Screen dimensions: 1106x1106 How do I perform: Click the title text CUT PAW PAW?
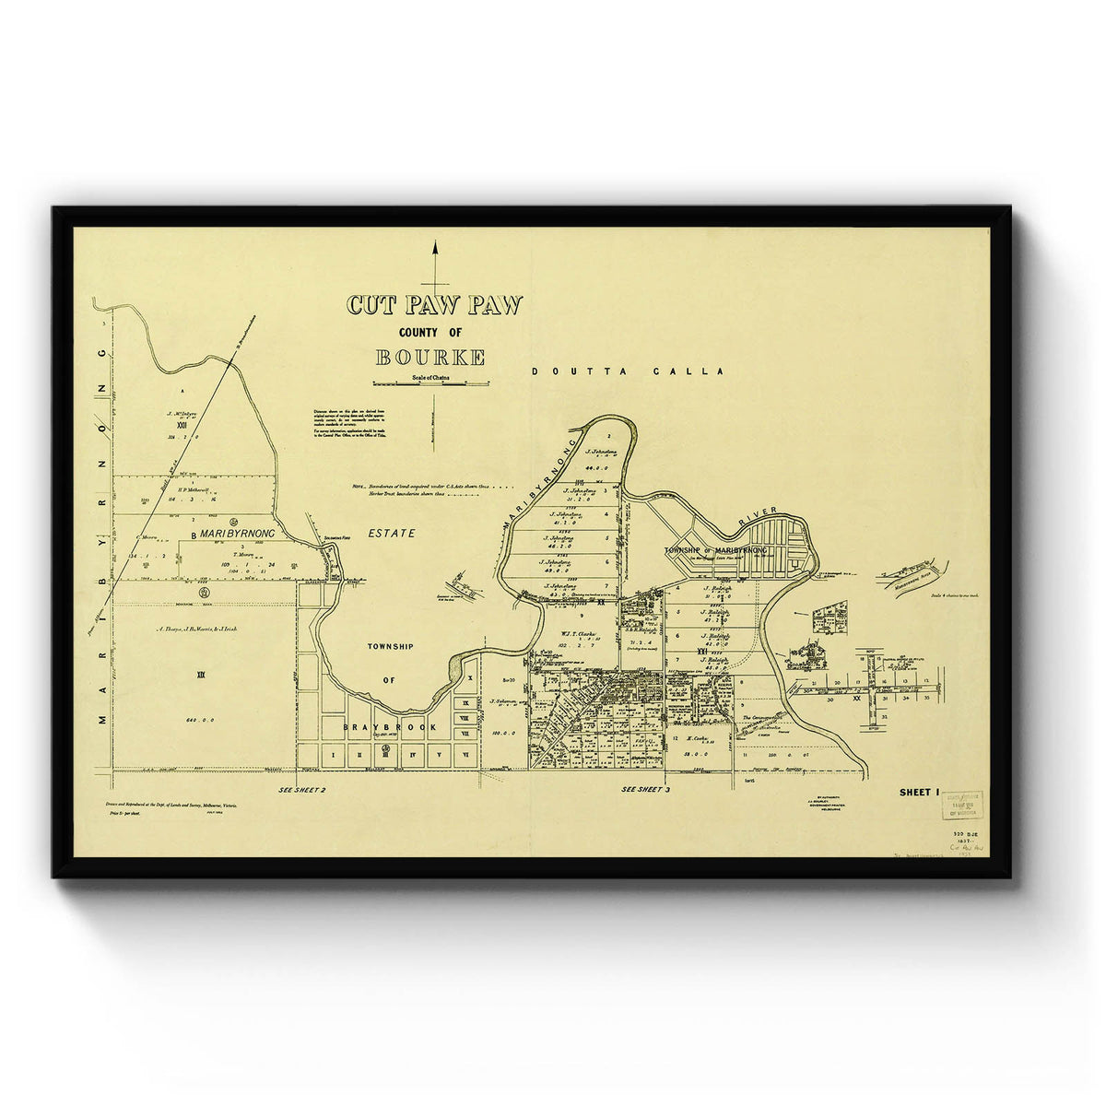(x=434, y=305)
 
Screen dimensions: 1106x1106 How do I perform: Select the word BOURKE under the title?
(x=430, y=359)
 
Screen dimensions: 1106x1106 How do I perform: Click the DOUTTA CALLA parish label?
(x=629, y=371)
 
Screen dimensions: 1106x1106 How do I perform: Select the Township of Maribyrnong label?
(x=716, y=550)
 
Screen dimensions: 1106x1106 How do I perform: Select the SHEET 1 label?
(x=917, y=792)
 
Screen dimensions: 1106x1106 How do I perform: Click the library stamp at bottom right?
(x=961, y=805)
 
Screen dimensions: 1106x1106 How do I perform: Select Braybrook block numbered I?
(x=333, y=754)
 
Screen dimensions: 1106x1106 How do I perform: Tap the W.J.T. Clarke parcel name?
(x=580, y=633)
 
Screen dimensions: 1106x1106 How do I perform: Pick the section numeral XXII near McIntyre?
(x=180, y=426)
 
